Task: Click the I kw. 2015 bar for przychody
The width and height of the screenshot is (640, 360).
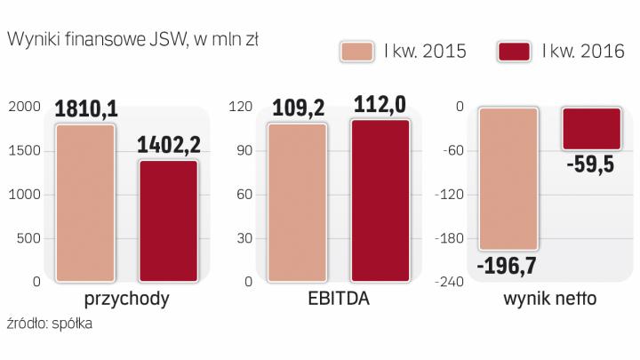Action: pos(85,203)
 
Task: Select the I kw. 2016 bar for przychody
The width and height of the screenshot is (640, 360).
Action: pos(169,220)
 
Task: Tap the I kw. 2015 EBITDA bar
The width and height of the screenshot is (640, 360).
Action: pos(297,203)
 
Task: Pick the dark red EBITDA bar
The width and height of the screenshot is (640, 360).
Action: pos(380,201)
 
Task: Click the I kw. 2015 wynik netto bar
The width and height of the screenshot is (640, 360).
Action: pos(508,178)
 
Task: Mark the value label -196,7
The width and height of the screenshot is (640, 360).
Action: pos(508,264)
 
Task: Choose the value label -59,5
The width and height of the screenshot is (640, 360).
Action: pos(592,164)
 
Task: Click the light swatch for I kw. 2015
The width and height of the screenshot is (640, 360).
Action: pos(358,52)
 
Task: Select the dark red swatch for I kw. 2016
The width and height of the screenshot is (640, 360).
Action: pos(516,52)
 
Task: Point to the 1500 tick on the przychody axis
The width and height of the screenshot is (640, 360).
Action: pos(24,150)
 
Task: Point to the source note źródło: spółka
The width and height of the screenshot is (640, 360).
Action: pos(49,324)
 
